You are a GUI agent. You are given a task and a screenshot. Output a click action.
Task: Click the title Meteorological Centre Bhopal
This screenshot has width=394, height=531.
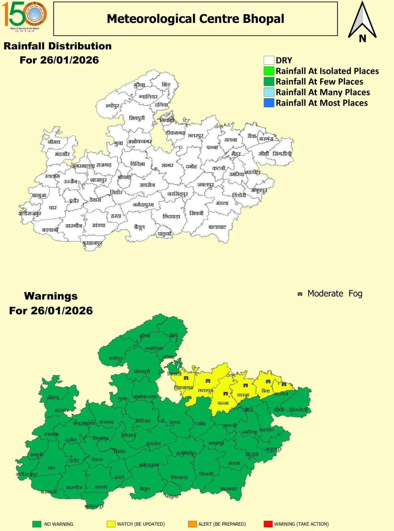click(x=196, y=19)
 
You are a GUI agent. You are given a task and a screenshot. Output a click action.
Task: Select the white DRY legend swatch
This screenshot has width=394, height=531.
click(x=269, y=60)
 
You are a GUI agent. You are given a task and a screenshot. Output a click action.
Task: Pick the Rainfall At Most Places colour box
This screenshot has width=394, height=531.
click(x=269, y=103)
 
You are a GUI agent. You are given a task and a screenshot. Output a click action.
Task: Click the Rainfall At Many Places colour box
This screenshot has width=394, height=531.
click(x=269, y=92)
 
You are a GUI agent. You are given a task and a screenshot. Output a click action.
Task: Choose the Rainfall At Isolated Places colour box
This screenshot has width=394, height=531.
click(x=269, y=71)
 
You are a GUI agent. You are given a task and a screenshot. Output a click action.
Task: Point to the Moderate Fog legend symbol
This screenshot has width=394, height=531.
click(x=300, y=294)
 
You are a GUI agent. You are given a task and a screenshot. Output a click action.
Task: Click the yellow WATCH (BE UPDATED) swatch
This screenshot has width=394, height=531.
click(x=111, y=524)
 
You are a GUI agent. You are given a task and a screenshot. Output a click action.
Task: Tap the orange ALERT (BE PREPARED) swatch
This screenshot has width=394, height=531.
click(x=192, y=524)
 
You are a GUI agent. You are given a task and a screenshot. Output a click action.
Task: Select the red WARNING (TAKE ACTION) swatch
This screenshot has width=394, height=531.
click(x=268, y=524)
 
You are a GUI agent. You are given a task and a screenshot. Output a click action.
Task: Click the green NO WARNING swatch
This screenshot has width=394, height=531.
click(x=37, y=524)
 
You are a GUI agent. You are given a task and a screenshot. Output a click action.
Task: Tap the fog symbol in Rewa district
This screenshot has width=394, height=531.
click(x=268, y=382)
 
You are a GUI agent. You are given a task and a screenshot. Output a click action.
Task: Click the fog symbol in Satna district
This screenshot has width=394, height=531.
click(x=246, y=386)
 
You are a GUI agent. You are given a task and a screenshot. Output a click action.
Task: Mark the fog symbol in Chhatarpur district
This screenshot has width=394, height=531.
click(x=208, y=381)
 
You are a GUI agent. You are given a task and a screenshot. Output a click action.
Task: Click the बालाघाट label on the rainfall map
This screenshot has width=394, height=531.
click(x=217, y=227)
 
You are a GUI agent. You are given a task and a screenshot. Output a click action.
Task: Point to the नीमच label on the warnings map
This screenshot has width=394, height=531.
click(x=53, y=397)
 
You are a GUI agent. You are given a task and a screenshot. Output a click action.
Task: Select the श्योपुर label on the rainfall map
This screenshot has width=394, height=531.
click(x=112, y=106)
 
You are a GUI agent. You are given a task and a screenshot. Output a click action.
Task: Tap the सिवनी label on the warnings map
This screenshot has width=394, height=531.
click(x=206, y=474)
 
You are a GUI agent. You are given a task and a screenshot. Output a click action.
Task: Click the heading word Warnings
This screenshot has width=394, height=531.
click(x=51, y=296)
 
